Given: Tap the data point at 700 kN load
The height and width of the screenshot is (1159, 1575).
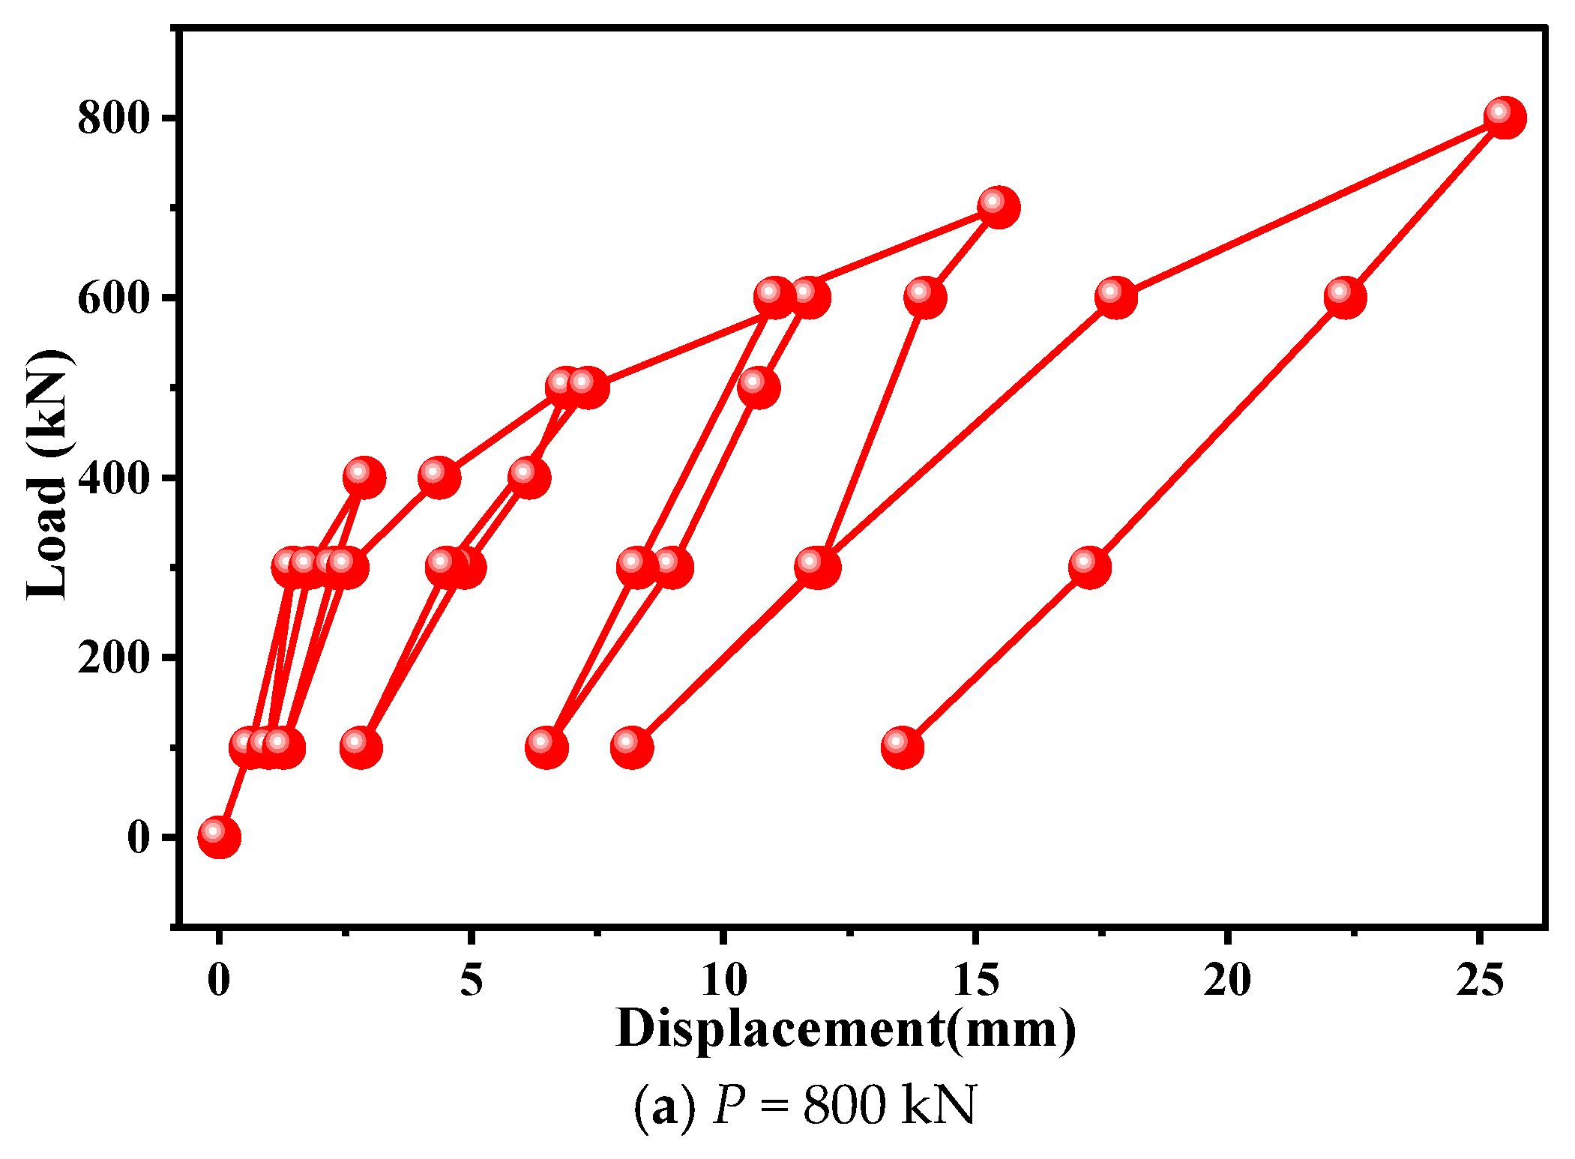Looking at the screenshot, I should [998, 208].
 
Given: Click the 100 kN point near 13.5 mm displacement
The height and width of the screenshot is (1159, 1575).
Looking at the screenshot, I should [902, 747].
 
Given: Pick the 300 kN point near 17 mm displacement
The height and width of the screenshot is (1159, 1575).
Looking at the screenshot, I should [1089, 567].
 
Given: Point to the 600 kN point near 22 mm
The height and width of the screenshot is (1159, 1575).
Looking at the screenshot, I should [1344, 298].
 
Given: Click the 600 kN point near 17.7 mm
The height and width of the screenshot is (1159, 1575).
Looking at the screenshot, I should [1115, 298].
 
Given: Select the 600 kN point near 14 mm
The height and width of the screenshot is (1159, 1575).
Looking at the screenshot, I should [924, 298].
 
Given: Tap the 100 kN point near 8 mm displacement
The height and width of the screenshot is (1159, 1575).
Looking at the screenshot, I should [631, 747].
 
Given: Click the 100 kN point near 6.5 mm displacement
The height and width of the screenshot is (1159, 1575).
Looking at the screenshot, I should [546, 747].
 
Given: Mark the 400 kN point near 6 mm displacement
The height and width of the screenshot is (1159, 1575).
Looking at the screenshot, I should [528, 478].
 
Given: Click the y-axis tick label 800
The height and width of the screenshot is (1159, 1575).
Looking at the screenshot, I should [113, 118].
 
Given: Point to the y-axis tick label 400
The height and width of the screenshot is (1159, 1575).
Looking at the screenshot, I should [113, 478].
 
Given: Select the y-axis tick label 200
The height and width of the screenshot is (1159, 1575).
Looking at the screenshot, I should [113, 658].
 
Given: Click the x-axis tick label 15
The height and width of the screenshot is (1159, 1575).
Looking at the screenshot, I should [976, 980].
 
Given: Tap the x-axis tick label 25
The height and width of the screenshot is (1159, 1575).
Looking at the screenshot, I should [1480, 980].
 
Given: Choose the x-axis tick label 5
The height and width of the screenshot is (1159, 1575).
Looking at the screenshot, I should [471, 980].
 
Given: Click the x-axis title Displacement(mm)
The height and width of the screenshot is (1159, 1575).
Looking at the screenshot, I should [846, 1029].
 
